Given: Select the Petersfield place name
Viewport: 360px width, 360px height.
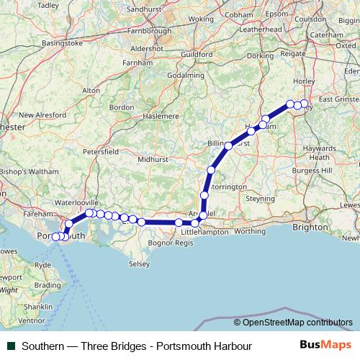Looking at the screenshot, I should (x=101, y=153).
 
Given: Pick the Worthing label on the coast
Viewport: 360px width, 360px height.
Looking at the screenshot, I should (x=250, y=231).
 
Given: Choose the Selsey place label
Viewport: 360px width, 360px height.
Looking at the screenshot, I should (x=139, y=264).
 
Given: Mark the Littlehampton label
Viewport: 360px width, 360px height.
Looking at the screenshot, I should (x=207, y=233).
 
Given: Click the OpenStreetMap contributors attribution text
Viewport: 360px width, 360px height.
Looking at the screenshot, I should (x=296, y=323).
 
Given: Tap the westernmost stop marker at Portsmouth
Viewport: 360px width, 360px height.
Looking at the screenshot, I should (x=56, y=237).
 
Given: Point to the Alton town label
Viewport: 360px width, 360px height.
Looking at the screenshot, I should (x=91, y=91).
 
